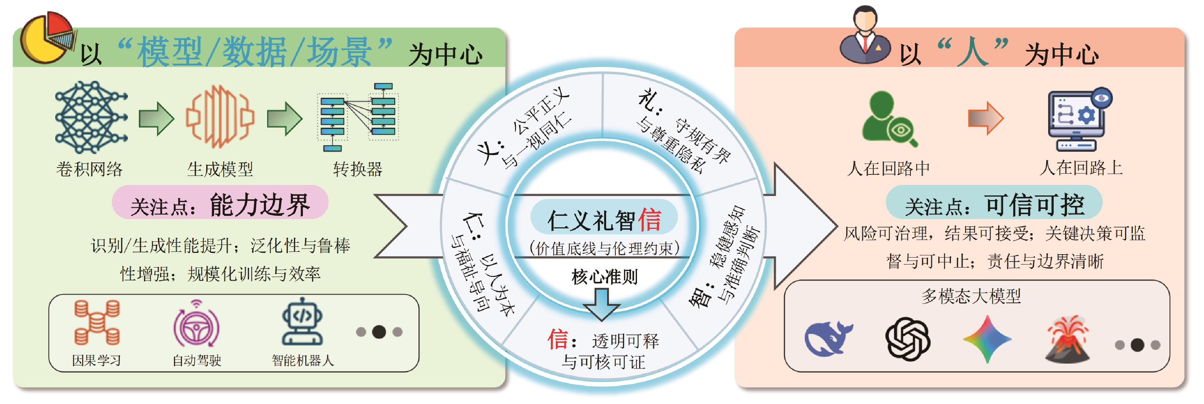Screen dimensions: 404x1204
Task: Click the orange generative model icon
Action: pyautogui.click(x=220, y=117)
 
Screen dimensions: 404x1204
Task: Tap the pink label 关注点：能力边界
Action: pyautogui.click(x=220, y=204)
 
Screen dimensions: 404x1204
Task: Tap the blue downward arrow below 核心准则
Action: pyautogui.click(x=602, y=303)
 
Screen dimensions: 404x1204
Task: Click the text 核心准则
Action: pyautogui.click(x=604, y=277)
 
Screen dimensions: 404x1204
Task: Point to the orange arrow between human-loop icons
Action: pyautogui.click(x=985, y=119)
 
